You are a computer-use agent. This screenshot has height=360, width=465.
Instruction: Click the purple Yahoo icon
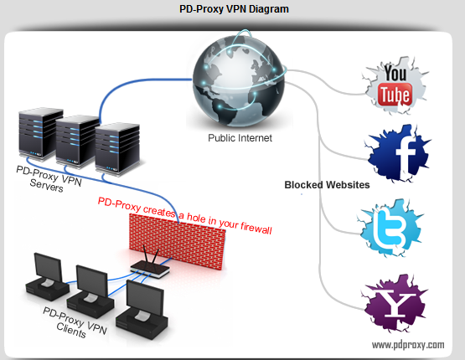395,302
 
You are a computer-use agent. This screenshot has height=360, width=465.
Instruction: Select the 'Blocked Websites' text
327,185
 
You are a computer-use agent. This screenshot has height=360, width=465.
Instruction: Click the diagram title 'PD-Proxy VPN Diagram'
232,11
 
